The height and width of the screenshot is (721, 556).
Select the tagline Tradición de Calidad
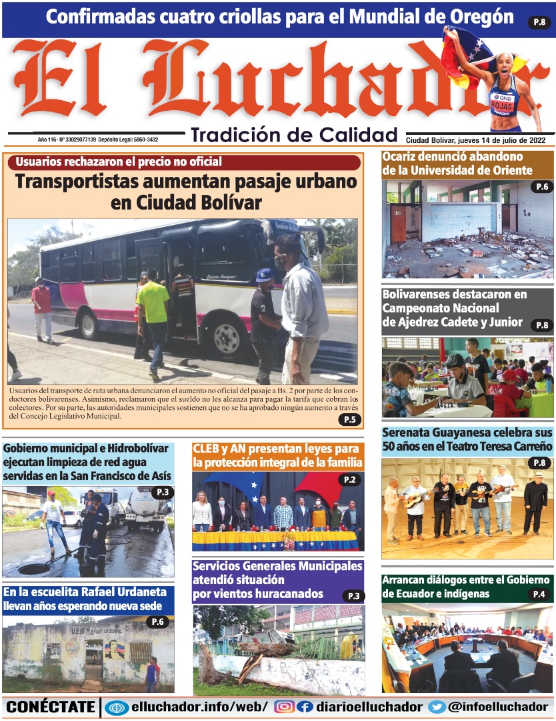pos(294,135)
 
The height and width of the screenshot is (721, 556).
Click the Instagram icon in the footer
pos(284,707)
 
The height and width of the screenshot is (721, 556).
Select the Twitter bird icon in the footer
pos(437,707)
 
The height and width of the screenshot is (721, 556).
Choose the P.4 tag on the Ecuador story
pos(539,594)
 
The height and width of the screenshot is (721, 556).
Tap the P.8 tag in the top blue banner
pos(539,23)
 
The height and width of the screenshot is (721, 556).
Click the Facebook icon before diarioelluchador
pos(305,707)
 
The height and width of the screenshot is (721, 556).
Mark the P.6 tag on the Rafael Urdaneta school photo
pos(157,622)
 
